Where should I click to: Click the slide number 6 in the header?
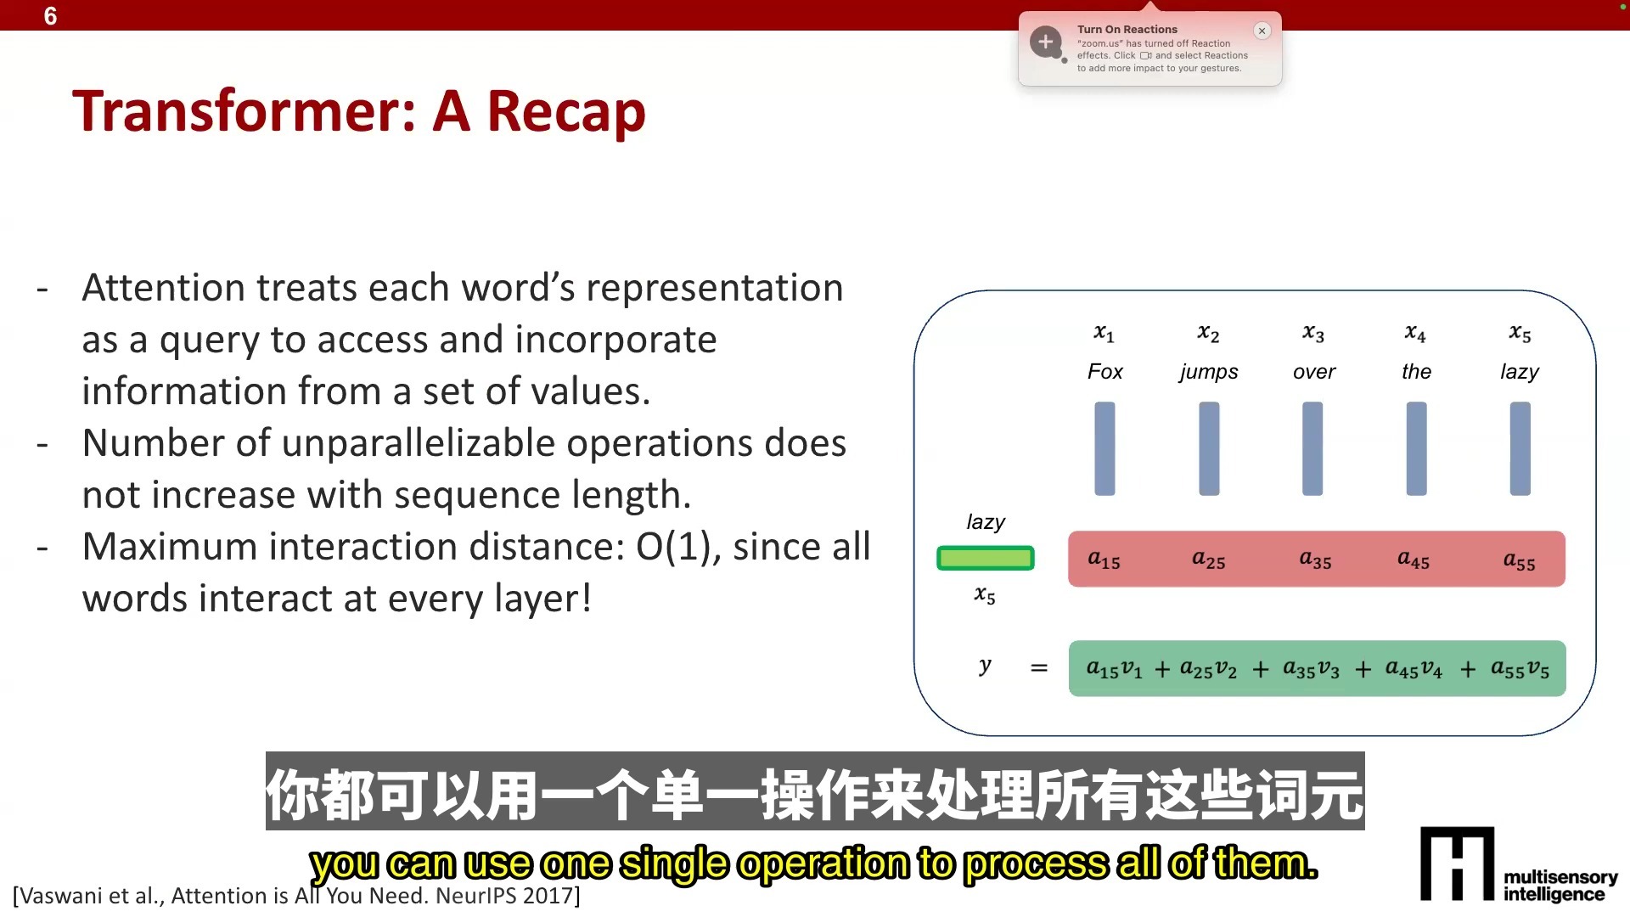(50, 16)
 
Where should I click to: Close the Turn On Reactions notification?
(1262, 31)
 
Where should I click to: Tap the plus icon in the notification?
(1046, 41)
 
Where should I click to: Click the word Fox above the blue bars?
(1104, 372)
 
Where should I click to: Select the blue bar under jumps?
(1209, 448)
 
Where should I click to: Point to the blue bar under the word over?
(1312, 448)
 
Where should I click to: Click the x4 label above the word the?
(1415, 334)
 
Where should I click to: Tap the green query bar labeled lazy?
(985, 558)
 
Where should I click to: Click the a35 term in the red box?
(1315, 559)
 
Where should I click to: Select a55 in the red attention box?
(1519, 560)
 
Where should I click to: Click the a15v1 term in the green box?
(1114, 669)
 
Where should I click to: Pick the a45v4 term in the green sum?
(1414, 669)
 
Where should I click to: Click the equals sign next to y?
(1038, 668)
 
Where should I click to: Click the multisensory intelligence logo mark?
(1457, 864)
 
